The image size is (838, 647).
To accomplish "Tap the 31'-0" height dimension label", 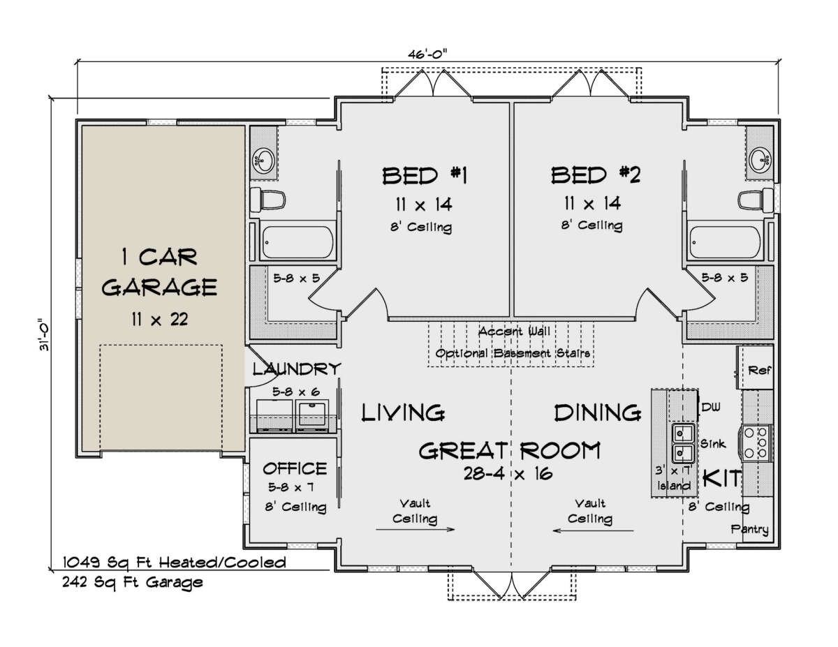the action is [45, 336].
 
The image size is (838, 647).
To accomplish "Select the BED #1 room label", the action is [425, 176].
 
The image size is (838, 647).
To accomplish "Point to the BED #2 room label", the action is [596, 175].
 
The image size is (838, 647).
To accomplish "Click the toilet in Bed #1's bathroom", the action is [267, 200].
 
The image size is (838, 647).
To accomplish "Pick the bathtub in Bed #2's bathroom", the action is [725, 241].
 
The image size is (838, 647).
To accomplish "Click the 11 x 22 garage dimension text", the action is [160, 320].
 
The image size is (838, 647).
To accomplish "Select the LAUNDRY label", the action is [297, 369].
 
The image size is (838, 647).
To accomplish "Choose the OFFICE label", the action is [295, 468].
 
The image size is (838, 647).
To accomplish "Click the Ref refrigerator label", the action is [759, 371].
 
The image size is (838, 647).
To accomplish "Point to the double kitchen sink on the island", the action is [684, 443].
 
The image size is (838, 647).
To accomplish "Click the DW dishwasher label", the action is [711, 407].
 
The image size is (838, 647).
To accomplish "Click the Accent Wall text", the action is [514, 332].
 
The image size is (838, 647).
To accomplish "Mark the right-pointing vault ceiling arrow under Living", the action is [416, 529].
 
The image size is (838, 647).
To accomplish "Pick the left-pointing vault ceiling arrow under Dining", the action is [593, 530].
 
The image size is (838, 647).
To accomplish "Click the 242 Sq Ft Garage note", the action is [132, 582].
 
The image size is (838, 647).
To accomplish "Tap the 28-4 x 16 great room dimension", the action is [508, 473].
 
